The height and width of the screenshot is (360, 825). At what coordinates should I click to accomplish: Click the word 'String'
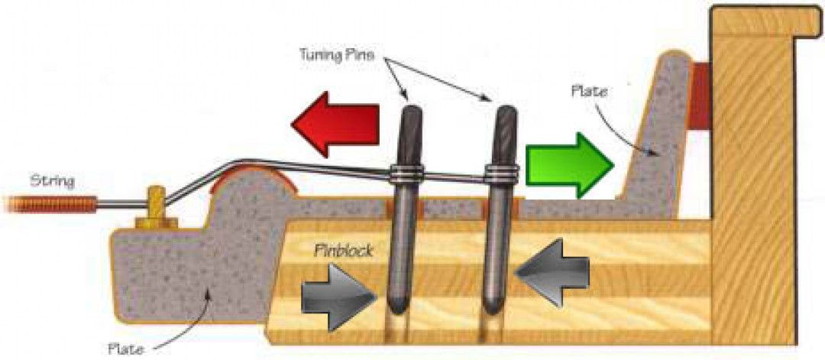(51, 181)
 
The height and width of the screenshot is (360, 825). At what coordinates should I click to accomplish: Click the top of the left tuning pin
(412, 115)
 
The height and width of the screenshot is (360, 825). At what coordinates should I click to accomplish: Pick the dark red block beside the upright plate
(699, 96)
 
